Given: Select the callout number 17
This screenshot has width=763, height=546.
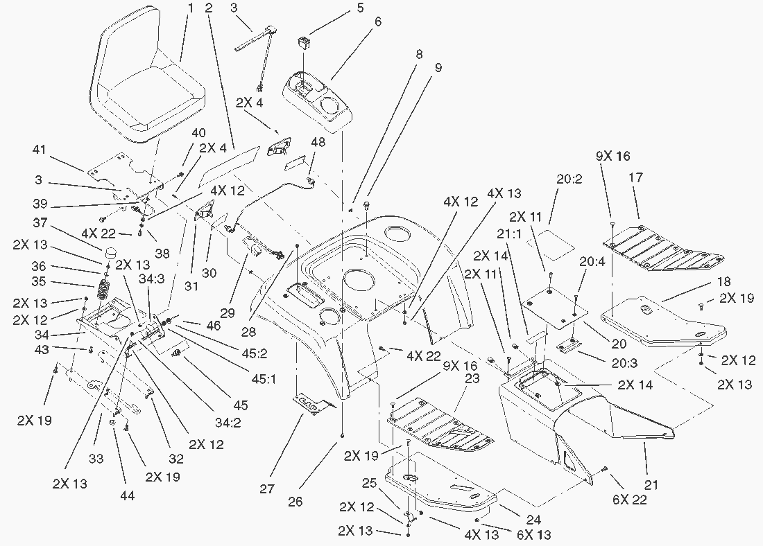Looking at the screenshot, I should pyautogui.click(x=636, y=178).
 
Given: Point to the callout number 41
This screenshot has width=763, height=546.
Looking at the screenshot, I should pyautogui.click(x=39, y=149).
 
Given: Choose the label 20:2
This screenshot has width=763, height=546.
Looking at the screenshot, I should pyautogui.click(x=569, y=177).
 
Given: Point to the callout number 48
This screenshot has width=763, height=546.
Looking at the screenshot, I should pyautogui.click(x=317, y=141).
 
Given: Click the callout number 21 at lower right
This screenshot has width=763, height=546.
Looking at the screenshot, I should pyautogui.click(x=651, y=485).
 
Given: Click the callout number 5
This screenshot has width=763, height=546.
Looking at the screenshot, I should pyautogui.click(x=360, y=8).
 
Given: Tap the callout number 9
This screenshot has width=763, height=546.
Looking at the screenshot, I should pyautogui.click(x=438, y=68).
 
